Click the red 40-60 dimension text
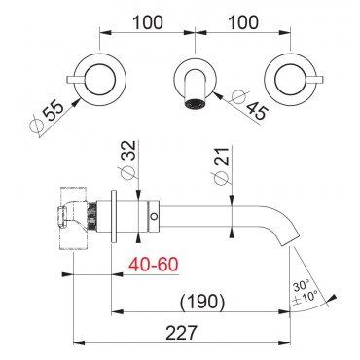tap(154, 265)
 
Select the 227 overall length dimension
tap(181, 333)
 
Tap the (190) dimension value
tap(202, 302)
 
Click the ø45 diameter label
tap(249, 105)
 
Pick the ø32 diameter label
tap(127, 160)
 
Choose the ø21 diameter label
tap(223, 165)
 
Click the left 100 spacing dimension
tap(148, 22)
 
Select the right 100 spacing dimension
tap(243, 22)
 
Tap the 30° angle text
tap(302, 287)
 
